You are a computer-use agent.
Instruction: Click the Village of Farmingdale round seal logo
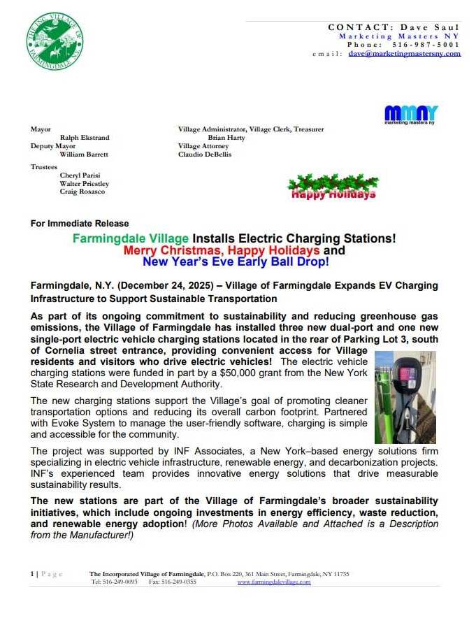point(55,40)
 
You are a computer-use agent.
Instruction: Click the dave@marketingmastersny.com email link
point(404,54)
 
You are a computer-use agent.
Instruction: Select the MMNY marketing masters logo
point(411,114)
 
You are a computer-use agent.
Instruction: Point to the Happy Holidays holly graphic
point(333,187)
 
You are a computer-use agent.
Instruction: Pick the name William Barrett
point(84,155)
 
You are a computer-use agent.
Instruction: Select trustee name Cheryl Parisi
point(79,175)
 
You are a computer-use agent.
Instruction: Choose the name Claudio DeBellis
point(205,155)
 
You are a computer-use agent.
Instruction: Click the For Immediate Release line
point(80,223)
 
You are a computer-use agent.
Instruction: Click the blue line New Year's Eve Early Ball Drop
point(235,262)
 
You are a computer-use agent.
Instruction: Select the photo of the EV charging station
point(405,396)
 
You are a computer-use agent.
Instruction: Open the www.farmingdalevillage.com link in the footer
point(274,582)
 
